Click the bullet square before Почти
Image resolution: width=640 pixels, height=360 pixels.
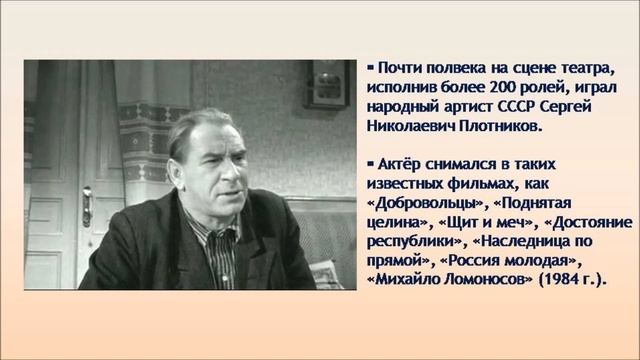(369, 69)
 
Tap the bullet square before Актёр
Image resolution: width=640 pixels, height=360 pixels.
(369, 161)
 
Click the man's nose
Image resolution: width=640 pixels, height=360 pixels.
(223, 167)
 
